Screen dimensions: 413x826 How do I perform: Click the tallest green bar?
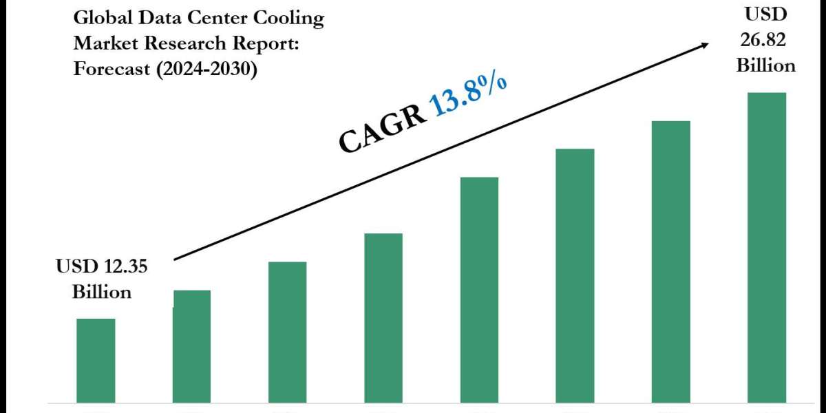[x=767, y=248]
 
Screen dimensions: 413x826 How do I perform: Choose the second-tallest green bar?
[x=671, y=262]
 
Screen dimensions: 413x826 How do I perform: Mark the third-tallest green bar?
[x=575, y=275]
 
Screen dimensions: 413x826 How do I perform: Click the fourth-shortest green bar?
[x=383, y=317]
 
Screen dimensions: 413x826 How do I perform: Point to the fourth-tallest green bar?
[x=479, y=289]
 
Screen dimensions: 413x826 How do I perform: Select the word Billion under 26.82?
[x=766, y=65]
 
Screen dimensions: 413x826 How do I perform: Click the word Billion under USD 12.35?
[x=102, y=292]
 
